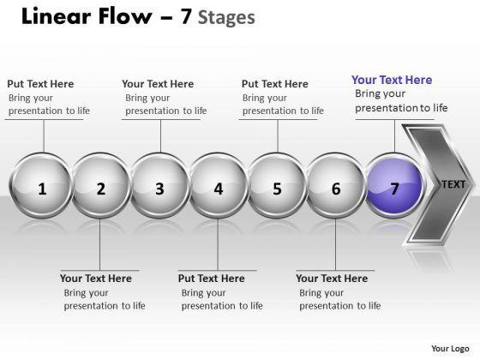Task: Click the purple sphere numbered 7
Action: [394, 185]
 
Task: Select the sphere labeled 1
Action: [42, 185]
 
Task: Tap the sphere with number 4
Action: [218, 185]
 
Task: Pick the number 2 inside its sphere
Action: [101, 189]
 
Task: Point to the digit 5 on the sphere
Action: [277, 189]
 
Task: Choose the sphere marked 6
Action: [335, 185]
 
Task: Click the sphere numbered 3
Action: [159, 185]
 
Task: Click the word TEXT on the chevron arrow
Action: [453, 184]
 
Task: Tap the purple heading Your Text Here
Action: [392, 80]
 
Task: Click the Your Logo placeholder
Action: [450, 348]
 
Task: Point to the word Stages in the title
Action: [226, 18]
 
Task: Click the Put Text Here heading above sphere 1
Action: [40, 84]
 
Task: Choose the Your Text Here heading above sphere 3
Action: [158, 84]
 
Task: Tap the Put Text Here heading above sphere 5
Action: [275, 84]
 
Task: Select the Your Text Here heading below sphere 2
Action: [96, 279]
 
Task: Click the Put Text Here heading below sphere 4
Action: [212, 279]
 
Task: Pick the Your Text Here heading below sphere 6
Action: [332, 279]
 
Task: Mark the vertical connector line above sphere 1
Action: [44, 136]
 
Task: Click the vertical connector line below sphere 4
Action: [218, 244]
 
